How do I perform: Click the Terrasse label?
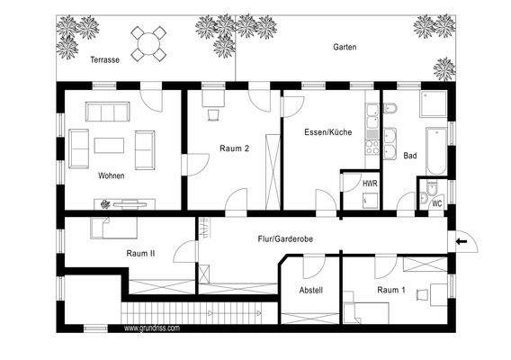[105, 62]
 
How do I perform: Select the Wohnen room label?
[112, 175]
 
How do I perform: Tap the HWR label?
[370, 184]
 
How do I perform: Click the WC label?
[436, 203]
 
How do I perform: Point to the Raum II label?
[140, 255]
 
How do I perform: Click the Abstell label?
[311, 290]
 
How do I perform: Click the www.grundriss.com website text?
[151, 328]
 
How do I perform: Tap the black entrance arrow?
[463, 240]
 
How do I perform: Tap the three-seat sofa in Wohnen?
[108, 112]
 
